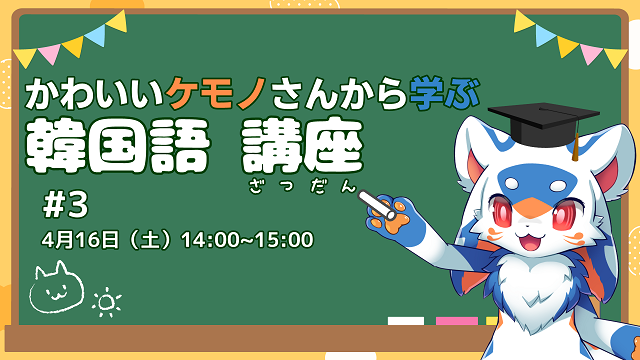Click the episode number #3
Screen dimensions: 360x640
[x=67, y=204]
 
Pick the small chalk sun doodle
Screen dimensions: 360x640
[x=103, y=301]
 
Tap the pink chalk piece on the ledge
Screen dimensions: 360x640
[x=456, y=322]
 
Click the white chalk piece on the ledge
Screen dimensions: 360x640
[x=405, y=322]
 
